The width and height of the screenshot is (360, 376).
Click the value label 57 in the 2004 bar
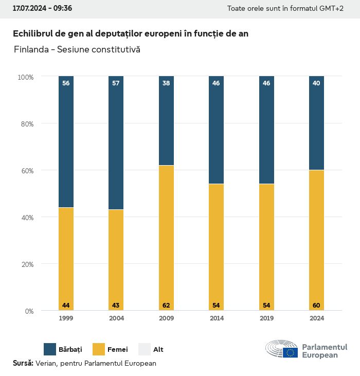tap(116, 83)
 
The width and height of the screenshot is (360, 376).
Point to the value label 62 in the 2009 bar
tap(166, 306)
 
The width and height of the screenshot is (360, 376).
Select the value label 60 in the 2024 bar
tap(316, 306)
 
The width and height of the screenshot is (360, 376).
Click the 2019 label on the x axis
tap(266, 318)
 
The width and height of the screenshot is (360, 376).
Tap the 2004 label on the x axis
tap(116, 318)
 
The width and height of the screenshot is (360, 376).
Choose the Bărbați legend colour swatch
tap(50, 349)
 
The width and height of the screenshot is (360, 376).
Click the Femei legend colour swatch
tap(99, 349)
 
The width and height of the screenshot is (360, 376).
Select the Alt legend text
tap(158, 350)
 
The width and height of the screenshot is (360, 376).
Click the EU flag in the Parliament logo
tap(290, 352)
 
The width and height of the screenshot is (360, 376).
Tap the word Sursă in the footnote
tap(23, 363)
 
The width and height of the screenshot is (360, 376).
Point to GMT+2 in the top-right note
tap(332, 9)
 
